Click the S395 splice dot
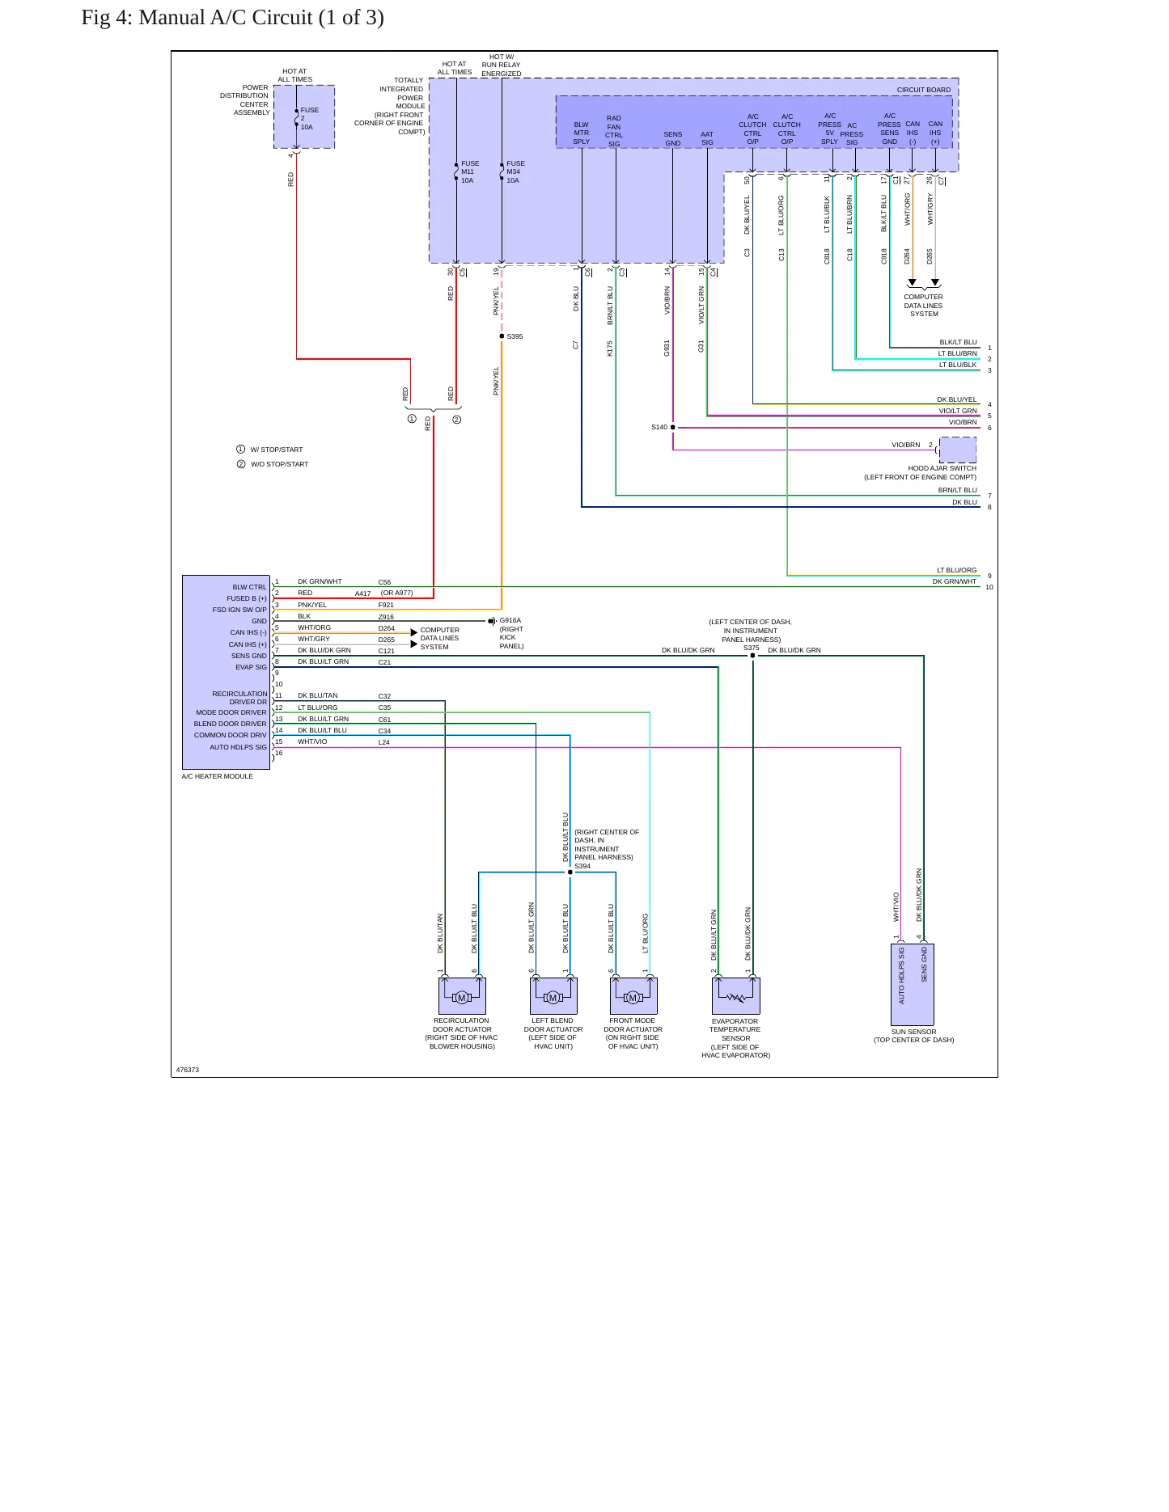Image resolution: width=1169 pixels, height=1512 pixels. click(502, 336)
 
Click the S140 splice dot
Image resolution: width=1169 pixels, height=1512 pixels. click(673, 428)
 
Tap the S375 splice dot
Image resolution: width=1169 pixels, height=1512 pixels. click(752, 656)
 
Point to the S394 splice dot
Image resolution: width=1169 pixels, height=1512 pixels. click(570, 872)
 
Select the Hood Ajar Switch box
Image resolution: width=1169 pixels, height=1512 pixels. click(958, 450)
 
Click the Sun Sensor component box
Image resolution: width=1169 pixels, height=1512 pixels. click(913, 985)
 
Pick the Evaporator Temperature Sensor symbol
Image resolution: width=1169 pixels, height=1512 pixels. click(736, 996)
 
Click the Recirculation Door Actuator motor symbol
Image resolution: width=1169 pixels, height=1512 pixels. click(462, 996)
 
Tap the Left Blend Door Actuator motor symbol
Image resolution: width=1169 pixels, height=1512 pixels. click(553, 996)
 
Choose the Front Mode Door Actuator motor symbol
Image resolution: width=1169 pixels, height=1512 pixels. click(633, 996)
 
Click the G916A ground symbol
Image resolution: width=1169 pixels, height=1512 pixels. click(492, 622)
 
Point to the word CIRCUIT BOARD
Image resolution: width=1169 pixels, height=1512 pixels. click(923, 90)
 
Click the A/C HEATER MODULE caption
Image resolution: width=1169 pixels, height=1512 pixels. click(217, 776)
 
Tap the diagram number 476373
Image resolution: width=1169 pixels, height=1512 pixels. click(188, 1070)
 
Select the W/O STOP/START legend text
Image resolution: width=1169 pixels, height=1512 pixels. click(279, 464)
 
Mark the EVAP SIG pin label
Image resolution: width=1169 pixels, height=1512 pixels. click(251, 667)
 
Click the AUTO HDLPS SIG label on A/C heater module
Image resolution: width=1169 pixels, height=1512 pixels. click(238, 747)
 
